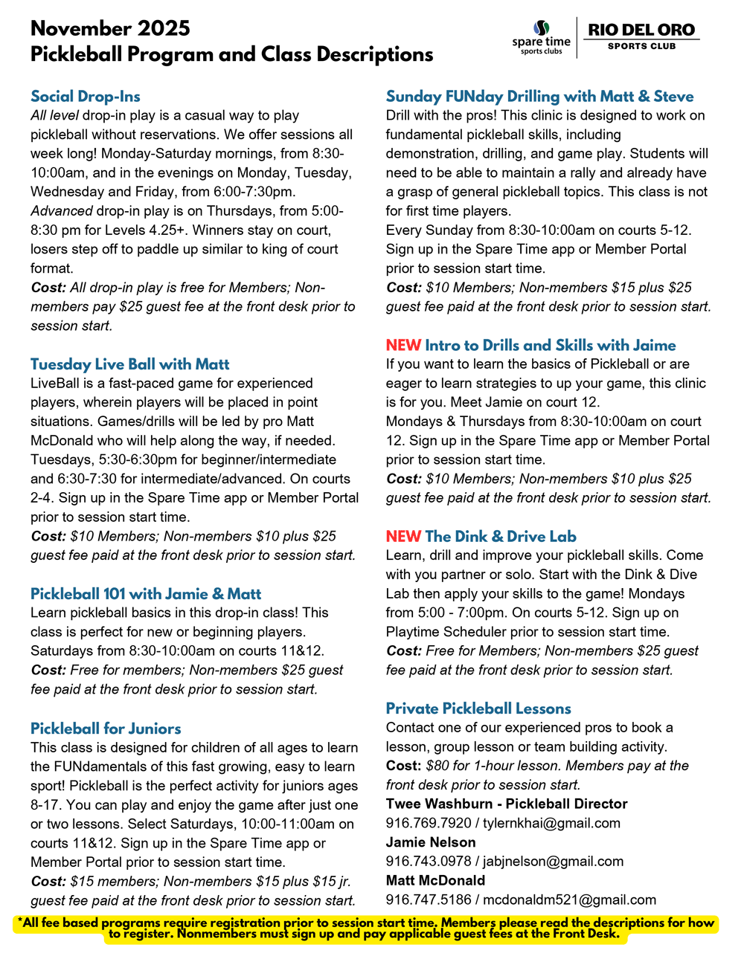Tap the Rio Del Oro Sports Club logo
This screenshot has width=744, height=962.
pos(641,36)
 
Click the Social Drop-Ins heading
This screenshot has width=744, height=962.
pos(86,97)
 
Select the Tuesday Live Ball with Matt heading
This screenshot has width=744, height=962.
pos(130,364)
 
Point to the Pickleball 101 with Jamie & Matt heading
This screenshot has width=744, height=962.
pos(146,594)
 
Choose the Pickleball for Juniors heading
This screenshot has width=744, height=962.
pos(106,729)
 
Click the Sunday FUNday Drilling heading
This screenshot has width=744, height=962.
pos(539,97)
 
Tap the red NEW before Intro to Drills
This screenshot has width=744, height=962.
pos(403,346)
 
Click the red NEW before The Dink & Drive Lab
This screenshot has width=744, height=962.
pos(403,537)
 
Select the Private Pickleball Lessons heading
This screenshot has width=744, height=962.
pos(478,708)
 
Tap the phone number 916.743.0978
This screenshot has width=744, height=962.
pos(429,862)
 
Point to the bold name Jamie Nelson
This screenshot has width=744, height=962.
pos(431,842)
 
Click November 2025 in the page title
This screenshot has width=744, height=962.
pos(110,29)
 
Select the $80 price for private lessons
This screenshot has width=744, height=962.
pos(438,766)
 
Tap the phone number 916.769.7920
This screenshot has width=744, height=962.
pos(429,823)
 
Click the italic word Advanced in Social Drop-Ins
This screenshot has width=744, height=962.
pos(62,211)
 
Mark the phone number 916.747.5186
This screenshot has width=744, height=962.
pos(429,900)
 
